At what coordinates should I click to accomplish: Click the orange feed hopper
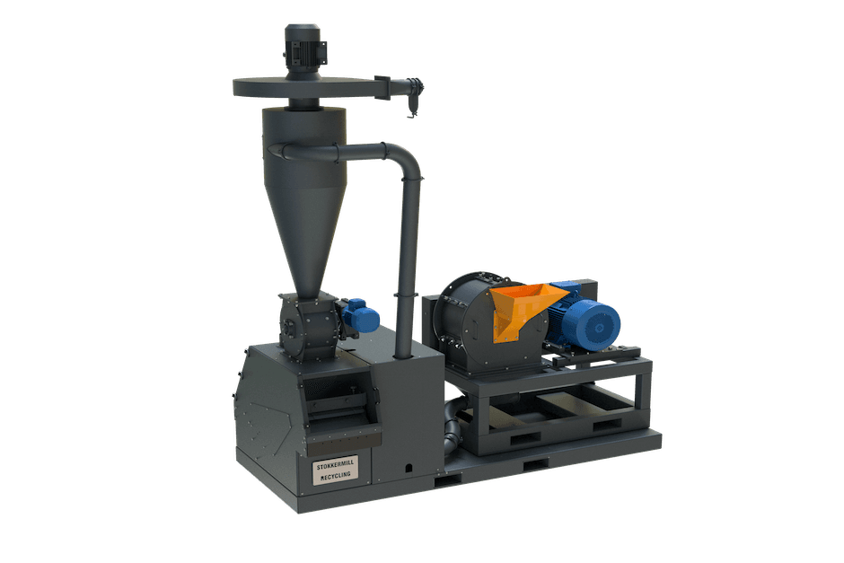pos(520,310)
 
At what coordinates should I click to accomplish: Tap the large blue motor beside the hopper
pos(586,321)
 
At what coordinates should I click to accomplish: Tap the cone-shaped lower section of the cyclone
pos(305,232)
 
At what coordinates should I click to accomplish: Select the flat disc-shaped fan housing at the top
pos(304,88)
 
